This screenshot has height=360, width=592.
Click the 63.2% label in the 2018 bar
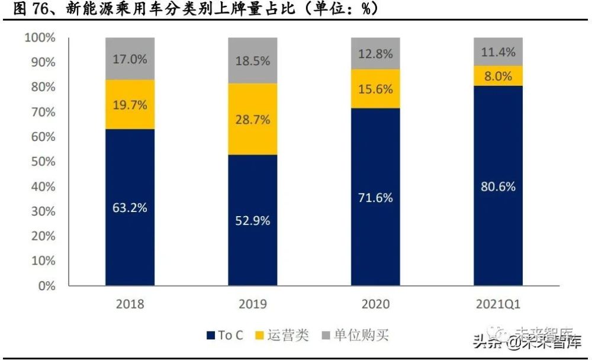130,208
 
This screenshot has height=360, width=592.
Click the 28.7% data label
253,120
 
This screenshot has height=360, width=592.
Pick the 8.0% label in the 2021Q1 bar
498,76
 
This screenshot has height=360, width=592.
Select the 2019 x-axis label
253,304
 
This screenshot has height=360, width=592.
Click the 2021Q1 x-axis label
498,304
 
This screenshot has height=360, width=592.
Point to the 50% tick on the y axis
43,162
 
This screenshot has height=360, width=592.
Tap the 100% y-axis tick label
40,38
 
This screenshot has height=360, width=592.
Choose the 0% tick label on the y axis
45,285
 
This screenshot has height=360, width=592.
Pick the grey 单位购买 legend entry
360,335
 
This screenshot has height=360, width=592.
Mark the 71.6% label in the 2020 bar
375,198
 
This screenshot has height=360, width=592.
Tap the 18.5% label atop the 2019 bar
253,60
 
